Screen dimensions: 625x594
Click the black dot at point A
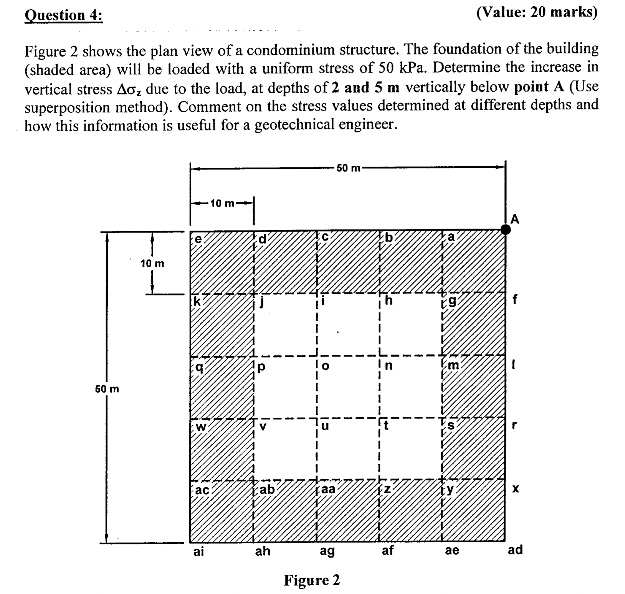click(506, 229)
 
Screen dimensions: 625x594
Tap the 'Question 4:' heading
click(63, 15)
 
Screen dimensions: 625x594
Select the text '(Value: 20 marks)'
click(537, 13)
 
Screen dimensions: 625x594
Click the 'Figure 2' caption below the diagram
click(312, 580)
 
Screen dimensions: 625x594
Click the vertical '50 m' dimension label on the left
click(107, 389)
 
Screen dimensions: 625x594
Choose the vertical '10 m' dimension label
click(152, 264)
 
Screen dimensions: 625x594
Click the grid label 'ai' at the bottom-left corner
click(198, 552)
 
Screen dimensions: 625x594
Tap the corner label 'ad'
click(515, 550)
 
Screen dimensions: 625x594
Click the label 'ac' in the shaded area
click(202, 490)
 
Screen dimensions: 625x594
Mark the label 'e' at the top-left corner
click(198, 239)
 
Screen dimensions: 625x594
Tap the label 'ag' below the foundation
click(327, 551)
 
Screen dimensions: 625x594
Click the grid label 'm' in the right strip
click(453, 366)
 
